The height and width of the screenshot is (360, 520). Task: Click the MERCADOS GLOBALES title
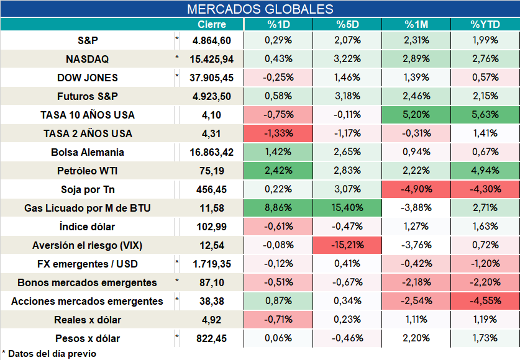pyautogui.click(x=260, y=9)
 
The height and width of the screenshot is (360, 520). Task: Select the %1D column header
pyautogui.click(x=278, y=24)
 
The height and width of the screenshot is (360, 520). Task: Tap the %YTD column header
pyautogui.click(x=485, y=24)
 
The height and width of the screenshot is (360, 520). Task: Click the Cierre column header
pyautogui.click(x=212, y=24)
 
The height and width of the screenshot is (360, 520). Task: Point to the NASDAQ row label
pyautogui.click(x=87, y=59)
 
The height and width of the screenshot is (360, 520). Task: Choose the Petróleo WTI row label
pyautogui.click(x=87, y=171)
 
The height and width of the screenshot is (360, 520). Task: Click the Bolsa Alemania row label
pyautogui.click(x=87, y=152)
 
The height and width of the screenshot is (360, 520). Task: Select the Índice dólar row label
pyautogui.click(x=87, y=227)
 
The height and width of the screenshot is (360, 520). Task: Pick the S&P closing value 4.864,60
pyautogui.click(x=212, y=40)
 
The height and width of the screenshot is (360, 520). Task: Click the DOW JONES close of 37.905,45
pyautogui.click(x=212, y=78)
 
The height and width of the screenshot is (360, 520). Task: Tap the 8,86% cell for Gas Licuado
pyautogui.click(x=278, y=208)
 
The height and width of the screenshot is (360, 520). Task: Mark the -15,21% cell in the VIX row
pyautogui.click(x=347, y=245)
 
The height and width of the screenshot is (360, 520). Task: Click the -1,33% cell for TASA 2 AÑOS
pyautogui.click(x=278, y=133)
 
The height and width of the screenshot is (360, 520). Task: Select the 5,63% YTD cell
pyautogui.click(x=485, y=115)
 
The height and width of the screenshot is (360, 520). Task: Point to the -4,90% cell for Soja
pyautogui.click(x=416, y=189)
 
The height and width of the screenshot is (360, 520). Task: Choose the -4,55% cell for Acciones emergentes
pyautogui.click(x=485, y=300)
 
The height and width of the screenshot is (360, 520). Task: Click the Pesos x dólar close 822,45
pyautogui.click(x=212, y=338)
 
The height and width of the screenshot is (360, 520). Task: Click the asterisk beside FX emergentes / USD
pyautogui.click(x=177, y=263)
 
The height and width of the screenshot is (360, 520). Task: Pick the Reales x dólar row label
pyautogui.click(x=87, y=320)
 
